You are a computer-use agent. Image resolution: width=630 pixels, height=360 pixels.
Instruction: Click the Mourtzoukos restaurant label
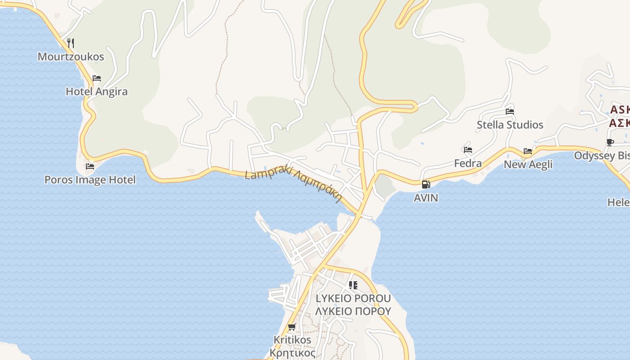(71, 57)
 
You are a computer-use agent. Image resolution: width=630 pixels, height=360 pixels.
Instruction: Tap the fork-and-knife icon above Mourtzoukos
(71, 43)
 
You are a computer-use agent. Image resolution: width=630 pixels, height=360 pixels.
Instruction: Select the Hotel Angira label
(97, 91)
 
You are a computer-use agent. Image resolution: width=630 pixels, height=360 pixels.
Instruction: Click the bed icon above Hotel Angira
(97, 78)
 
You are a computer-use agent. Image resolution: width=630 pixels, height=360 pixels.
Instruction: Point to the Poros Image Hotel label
(90, 180)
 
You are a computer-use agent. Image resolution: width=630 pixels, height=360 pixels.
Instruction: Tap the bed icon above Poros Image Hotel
(90, 166)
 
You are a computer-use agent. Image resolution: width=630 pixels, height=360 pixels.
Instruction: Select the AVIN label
(426, 198)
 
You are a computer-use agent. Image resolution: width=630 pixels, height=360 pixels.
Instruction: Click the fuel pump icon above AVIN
(426, 184)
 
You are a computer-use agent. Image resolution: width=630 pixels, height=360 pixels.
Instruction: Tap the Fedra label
(468, 163)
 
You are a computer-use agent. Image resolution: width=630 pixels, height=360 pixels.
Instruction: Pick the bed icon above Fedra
(468, 150)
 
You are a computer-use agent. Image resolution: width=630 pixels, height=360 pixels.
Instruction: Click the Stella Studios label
(510, 125)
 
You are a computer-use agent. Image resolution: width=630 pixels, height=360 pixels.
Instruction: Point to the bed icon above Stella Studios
(510, 112)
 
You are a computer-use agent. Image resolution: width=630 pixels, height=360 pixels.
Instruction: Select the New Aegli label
(528, 164)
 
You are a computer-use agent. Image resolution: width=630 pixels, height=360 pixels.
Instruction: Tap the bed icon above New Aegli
(528, 151)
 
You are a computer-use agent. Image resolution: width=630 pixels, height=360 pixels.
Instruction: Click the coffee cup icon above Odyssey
(610, 143)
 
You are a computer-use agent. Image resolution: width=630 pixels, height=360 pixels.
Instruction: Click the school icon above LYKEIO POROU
(353, 285)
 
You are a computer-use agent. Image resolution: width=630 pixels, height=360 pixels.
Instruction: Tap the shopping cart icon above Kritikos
(292, 327)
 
